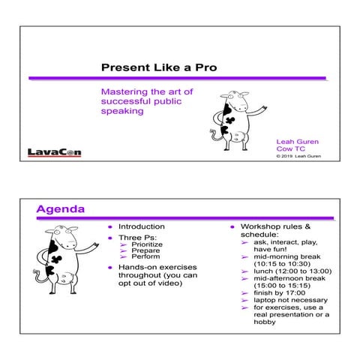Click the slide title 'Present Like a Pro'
coord(159,67)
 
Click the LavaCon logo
coord(54,152)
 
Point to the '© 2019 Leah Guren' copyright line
coord(297,157)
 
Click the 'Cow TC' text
coord(289,148)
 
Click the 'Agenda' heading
coord(60,208)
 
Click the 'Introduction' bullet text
coord(141,226)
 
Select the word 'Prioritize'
coord(146,244)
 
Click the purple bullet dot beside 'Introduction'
coord(109,226)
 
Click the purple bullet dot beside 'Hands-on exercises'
coord(109,268)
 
